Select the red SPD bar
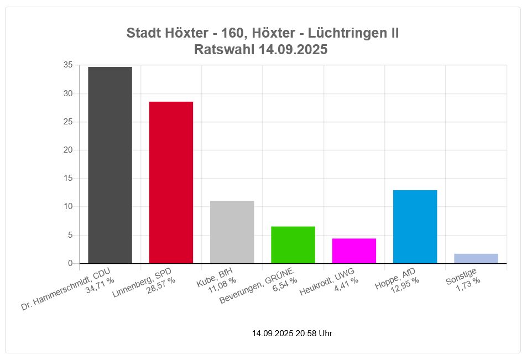pyautogui.click(x=171, y=182)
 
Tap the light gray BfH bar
pyautogui.click(x=232, y=232)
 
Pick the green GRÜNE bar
pyautogui.click(x=293, y=244)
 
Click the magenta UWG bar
pyautogui.click(x=354, y=251)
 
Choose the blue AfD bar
pyautogui.click(x=415, y=227)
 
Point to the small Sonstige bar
pyautogui.click(x=476, y=258)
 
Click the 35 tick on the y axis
pyautogui.click(x=67, y=65)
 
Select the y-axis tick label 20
pyautogui.click(x=67, y=150)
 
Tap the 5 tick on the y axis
pyautogui.click(x=70, y=235)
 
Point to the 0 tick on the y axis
pyautogui.click(x=70, y=263)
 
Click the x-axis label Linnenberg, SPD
pyautogui.click(x=142, y=282)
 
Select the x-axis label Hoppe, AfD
pyautogui.click(x=395, y=277)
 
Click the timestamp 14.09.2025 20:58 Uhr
pyautogui.click(x=292, y=333)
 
